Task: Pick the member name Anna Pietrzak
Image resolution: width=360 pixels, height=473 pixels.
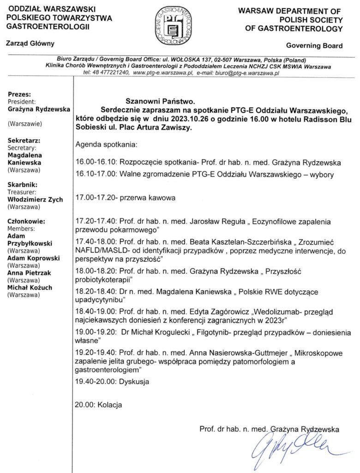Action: click(30, 273)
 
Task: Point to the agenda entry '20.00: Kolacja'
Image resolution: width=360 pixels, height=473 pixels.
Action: click(98, 406)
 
